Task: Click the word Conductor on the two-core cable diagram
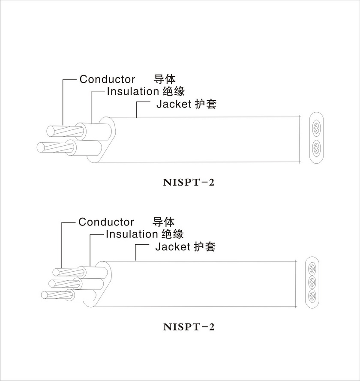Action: (x=107, y=79)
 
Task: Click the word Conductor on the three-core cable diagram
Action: (x=106, y=222)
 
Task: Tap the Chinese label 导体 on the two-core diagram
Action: (x=165, y=79)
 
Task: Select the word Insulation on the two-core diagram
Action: (x=133, y=91)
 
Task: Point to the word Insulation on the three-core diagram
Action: (x=132, y=234)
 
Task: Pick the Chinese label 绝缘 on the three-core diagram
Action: (x=173, y=234)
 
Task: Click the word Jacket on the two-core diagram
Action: (x=173, y=104)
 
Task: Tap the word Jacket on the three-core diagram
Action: (x=172, y=247)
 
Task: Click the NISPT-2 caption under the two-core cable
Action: (x=189, y=183)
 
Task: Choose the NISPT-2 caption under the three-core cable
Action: (x=189, y=327)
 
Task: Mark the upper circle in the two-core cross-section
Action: (x=316, y=128)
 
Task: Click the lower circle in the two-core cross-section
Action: (x=316, y=148)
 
